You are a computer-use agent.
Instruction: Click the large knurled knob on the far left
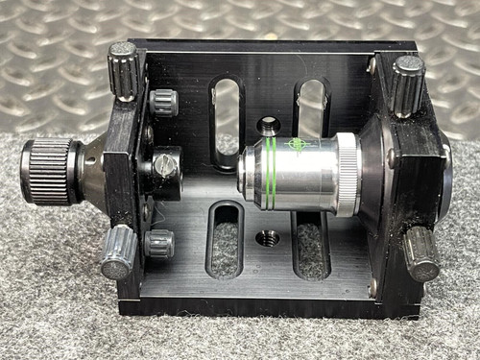[x=48, y=171]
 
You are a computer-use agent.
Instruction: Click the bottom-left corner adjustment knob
[x=118, y=252]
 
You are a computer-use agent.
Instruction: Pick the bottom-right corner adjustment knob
[x=420, y=251]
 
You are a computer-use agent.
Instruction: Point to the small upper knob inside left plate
[x=162, y=101]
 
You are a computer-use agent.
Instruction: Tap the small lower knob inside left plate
[x=158, y=244]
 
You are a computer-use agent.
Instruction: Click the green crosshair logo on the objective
[x=299, y=146]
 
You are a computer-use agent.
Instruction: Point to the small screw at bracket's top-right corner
[x=372, y=64]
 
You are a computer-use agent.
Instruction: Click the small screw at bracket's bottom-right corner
[x=372, y=286]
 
